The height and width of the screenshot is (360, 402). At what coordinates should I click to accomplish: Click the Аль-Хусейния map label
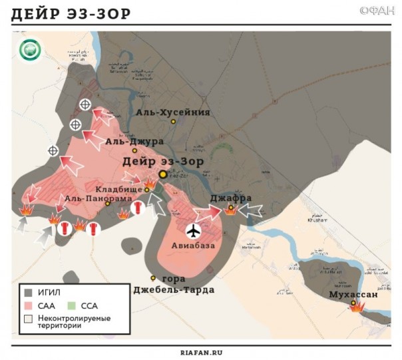(x=172, y=112)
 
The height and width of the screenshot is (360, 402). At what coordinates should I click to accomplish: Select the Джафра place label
(x=230, y=198)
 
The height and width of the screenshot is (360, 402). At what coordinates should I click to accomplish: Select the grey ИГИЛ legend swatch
(x=29, y=292)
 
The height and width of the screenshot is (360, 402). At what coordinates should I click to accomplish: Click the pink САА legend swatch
(x=29, y=305)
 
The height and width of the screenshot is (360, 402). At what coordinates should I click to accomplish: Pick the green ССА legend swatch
(x=73, y=305)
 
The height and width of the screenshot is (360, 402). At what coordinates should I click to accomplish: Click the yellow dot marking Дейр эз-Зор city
(x=162, y=174)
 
